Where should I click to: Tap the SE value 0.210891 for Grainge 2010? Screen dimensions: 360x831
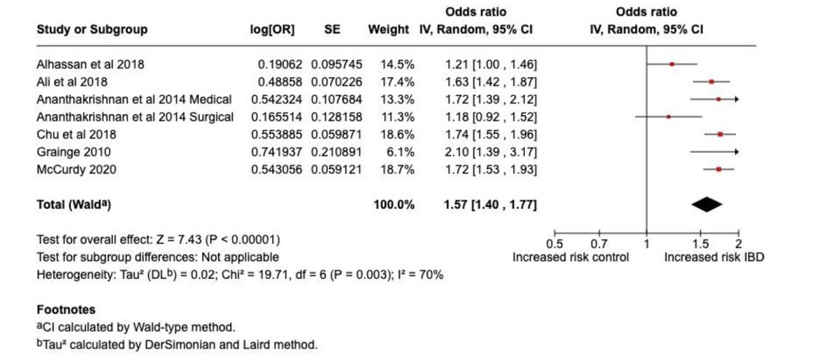(336, 151)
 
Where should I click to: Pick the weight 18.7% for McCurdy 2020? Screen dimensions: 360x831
(397, 168)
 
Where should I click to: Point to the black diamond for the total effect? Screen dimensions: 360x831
(706, 204)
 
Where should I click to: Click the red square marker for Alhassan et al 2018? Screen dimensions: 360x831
(672, 64)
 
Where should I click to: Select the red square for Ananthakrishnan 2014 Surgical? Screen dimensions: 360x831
(668, 116)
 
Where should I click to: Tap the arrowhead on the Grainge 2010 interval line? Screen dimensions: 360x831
(735, 151)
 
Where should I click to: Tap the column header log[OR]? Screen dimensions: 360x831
(272, 30)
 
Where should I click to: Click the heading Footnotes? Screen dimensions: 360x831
(66, 309)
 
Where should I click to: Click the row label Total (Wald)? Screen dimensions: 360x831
(74, 204)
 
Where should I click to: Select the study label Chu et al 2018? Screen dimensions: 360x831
(76, 134)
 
